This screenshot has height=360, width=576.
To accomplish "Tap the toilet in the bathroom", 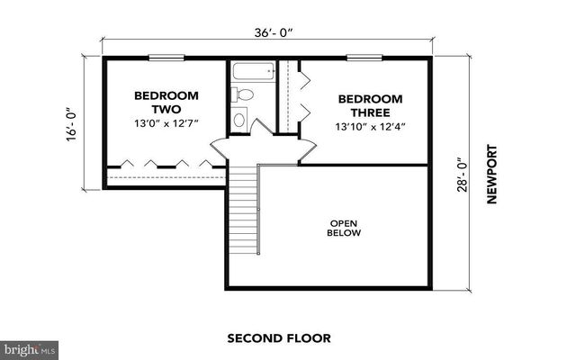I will [x=245, y=94].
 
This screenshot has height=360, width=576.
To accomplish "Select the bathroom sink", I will [x=240, y=118].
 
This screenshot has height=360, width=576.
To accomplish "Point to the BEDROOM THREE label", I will [x=364, y=106].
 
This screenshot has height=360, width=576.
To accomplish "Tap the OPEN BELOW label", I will [x=345, y=228].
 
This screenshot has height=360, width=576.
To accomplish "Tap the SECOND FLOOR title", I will [x=279, y=338].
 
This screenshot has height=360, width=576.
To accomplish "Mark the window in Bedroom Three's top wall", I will [x=361, y=58].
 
